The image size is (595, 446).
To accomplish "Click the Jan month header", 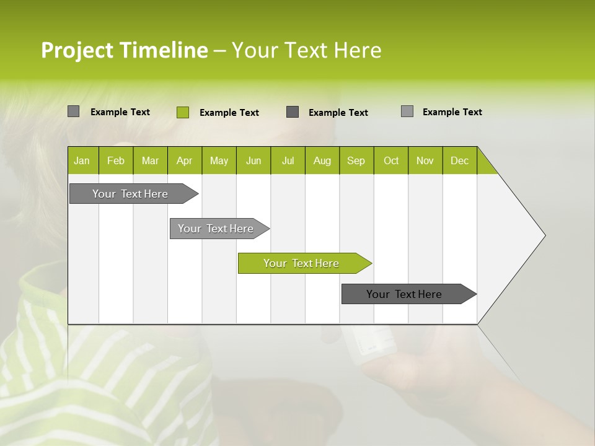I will point(82,161).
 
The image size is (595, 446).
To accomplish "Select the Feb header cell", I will point(116,161).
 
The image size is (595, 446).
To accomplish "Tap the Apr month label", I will point(184,161).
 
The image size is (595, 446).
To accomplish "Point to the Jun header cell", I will point(253,161).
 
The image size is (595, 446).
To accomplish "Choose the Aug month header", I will point(322,161).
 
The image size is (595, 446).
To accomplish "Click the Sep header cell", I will point(356,161).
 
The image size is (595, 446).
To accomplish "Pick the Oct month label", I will point(391,161).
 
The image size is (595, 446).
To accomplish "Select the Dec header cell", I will point(459,161).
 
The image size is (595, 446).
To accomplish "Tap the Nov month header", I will point(425,161).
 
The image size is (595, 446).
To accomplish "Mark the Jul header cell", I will point(288,161).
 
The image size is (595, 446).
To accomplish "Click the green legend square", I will point(182,112).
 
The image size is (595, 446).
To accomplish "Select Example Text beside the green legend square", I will point(229,113).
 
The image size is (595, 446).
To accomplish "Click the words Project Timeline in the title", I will point(124,50).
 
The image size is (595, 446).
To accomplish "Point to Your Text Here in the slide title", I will point(306,50).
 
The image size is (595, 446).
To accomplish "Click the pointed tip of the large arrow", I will point(543,235).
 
